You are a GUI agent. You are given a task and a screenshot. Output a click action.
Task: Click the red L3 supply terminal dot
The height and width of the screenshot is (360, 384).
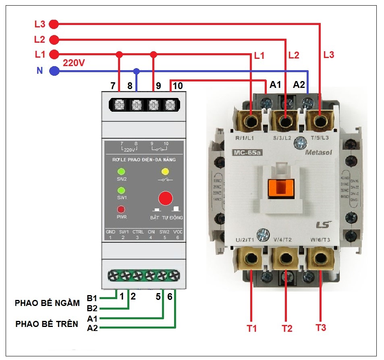54,25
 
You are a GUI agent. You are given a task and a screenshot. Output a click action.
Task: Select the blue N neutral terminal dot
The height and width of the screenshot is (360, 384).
54,71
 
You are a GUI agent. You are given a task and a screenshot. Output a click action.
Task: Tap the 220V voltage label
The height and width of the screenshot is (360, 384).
74,62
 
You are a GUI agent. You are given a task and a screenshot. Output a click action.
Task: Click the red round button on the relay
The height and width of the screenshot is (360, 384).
166,198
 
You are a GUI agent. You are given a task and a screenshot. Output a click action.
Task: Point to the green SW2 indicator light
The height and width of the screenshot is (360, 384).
121,172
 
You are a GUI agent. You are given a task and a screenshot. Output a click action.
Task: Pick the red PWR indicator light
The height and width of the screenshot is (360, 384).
121,210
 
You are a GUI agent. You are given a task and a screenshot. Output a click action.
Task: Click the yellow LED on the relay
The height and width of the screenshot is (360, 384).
165,172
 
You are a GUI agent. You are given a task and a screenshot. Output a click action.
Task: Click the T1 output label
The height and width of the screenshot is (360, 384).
252,329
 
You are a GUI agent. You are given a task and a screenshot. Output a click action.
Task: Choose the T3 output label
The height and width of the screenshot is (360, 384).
320,328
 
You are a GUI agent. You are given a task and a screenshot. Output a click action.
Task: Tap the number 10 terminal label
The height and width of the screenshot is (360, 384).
177,85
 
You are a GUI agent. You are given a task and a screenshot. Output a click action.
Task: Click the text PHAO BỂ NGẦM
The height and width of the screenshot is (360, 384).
47,303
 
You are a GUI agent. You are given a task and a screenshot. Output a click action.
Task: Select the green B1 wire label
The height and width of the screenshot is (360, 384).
92,299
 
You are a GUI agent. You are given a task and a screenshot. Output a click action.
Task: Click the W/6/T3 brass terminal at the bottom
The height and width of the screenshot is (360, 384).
321,258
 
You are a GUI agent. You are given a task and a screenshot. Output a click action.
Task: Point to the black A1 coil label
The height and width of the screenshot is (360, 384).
275,85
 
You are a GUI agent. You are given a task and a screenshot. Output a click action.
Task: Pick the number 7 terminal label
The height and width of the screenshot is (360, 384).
113,85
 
